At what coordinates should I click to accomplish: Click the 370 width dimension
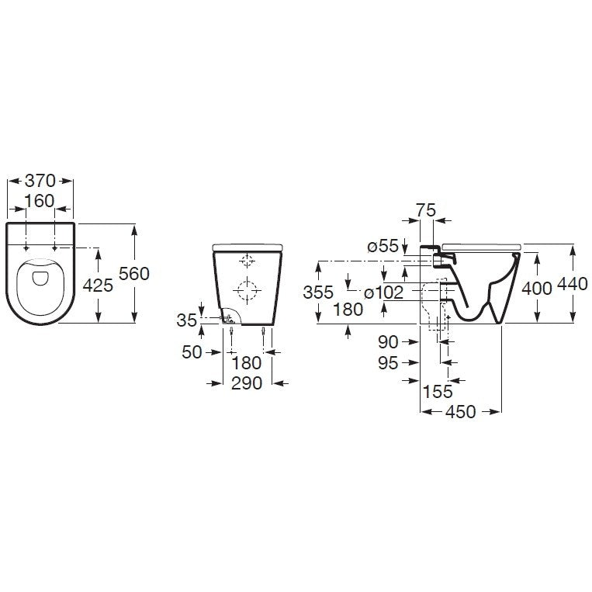pos(40,181)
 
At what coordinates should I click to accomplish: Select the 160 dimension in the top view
pos(40,201)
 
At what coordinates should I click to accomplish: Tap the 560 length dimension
pos(134,273)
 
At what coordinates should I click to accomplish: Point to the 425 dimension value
pos(98,285)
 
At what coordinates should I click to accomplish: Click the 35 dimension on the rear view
pos(187,320)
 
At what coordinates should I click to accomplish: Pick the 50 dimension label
pos(192,352)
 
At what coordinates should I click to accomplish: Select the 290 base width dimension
pos(247,383)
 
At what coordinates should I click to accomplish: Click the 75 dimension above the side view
pos(426,210)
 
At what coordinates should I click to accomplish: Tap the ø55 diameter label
pos(383,246)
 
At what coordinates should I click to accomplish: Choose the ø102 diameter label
pos(384,293)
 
